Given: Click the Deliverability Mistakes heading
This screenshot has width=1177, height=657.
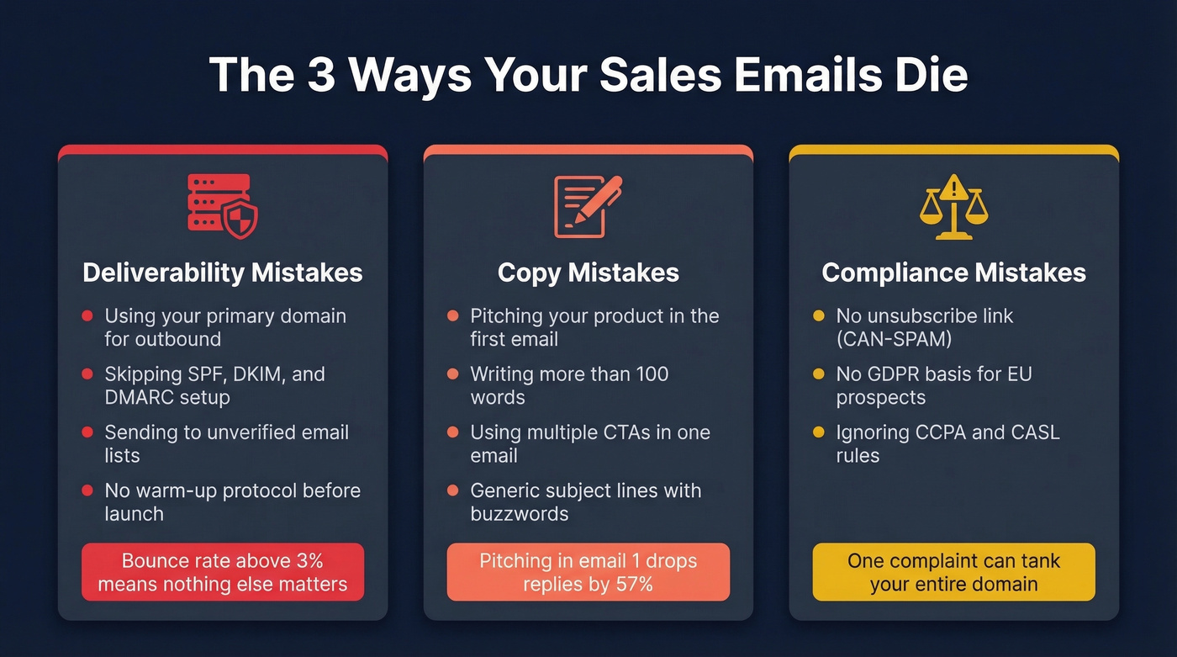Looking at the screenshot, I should pos(223,273).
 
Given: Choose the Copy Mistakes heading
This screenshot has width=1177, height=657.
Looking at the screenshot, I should pos(588,273).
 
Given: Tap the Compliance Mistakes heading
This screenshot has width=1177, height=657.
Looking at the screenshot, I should pos(953,273).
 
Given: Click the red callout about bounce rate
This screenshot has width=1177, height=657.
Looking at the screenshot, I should pos(223,572).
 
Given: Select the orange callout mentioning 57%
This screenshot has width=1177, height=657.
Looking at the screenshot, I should pos(588,572).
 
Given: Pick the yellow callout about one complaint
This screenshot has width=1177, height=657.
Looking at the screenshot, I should pos(953,572).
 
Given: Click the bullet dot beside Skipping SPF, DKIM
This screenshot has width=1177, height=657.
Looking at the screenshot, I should pos(87,374).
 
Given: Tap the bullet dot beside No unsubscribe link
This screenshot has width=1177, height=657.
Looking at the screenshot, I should pos(818,316).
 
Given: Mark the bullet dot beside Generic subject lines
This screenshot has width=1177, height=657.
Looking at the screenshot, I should pos(453,490).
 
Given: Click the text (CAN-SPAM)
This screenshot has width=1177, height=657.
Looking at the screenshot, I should pos(894,339).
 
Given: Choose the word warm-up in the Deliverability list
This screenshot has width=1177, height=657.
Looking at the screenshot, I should pos(168,490).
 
